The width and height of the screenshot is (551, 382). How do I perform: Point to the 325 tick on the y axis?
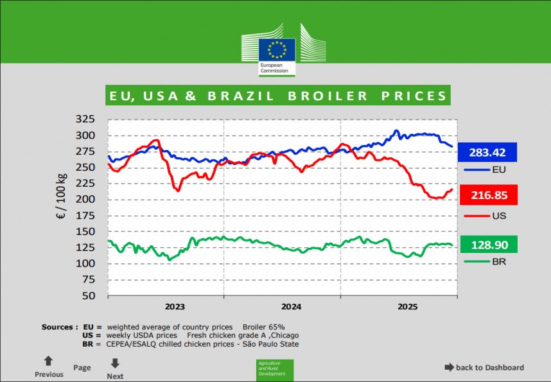(x=85, y=119)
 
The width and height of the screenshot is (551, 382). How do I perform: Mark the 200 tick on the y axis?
(x=85, y=200)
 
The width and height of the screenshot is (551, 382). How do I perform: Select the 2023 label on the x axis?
(x=175, y=307)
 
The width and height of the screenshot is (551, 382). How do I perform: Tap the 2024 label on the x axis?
(x=291, y=307)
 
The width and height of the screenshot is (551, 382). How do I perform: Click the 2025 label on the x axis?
(x=407, y=307)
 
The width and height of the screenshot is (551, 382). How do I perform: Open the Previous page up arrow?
(x=48, y=361)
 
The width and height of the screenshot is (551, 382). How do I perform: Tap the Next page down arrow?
(x=115, y=363)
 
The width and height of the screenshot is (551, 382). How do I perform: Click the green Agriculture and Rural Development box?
(x=275, y=370)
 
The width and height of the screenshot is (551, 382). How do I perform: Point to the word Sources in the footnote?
(x=58, y=327)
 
